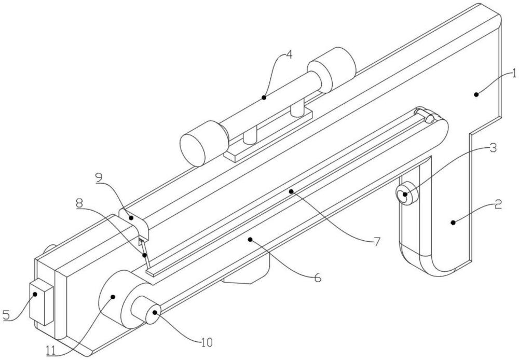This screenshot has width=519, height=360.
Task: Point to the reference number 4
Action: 288,54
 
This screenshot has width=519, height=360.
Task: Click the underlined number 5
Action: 7,314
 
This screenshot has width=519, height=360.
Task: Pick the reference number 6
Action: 318,278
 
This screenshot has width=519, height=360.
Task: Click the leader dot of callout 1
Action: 476,93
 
